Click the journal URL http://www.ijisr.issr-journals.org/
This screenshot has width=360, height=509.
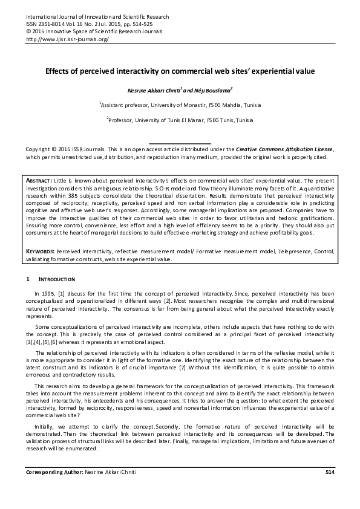click(67, 39)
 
